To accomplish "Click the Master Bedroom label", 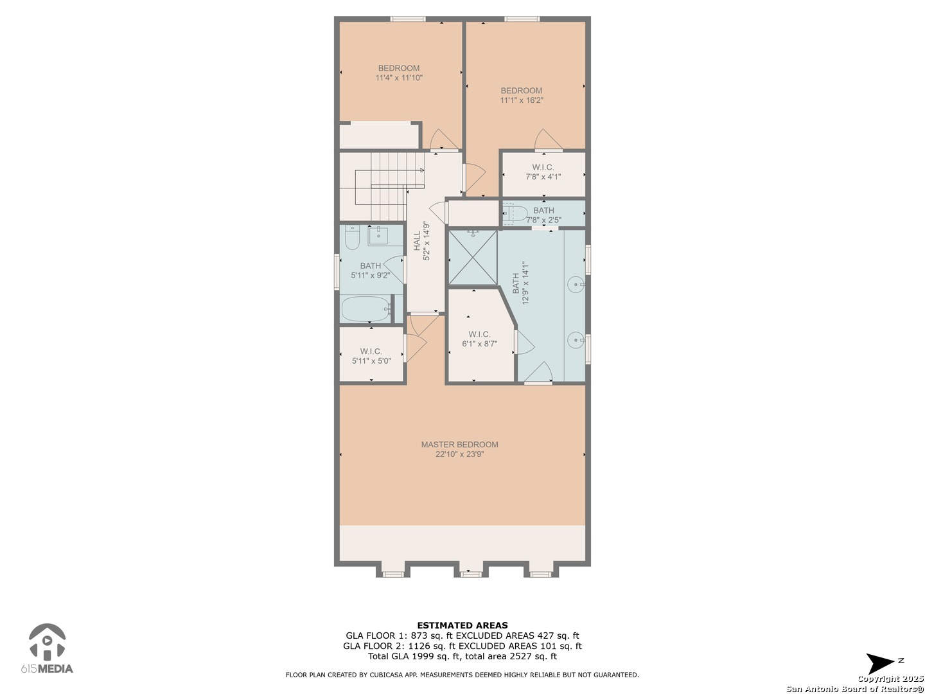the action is (459, 445).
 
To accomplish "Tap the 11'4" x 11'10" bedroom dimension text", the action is (399, 78).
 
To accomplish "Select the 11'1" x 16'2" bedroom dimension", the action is (522, 100).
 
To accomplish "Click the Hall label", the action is (417, 241).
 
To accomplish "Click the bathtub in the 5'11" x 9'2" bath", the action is (366, 309).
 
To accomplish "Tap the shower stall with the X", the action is (472, 258).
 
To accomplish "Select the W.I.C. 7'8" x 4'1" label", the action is (543, 172).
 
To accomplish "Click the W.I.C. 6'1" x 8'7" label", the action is (479, 339).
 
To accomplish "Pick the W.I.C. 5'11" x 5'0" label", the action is (371, 356).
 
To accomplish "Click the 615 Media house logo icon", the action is (47, 642).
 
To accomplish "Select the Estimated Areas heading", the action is (463, 625).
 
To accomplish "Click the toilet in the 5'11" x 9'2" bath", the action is (352, 237).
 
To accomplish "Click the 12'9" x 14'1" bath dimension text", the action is (525, 283).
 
